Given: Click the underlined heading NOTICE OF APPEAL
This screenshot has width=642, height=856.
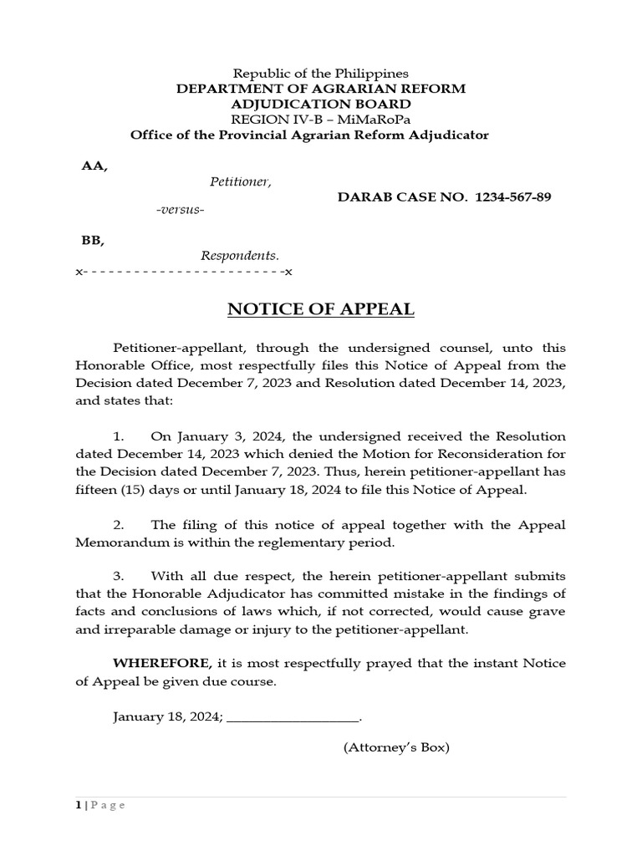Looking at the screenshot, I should coord(321,309).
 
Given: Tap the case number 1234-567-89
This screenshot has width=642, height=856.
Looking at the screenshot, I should coord(512,197).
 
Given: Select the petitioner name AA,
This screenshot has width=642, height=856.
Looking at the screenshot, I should coord(94,166).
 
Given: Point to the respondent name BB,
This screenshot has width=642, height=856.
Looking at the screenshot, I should coord(93,240).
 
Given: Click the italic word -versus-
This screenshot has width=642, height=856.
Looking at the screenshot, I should coord(180,209).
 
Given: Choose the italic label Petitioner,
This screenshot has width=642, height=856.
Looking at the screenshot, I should coord(240,181).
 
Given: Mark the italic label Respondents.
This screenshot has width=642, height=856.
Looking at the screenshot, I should coord(239,256).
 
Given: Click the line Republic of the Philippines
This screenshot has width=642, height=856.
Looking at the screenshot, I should coord(320,74).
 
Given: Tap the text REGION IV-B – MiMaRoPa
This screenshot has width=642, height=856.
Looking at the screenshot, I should coord(321,120).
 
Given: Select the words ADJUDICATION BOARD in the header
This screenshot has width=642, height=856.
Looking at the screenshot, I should coord(321,104).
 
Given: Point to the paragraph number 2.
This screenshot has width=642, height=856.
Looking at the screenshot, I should coord(119,525).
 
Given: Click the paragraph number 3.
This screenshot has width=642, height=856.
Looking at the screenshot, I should coord(119,577).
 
